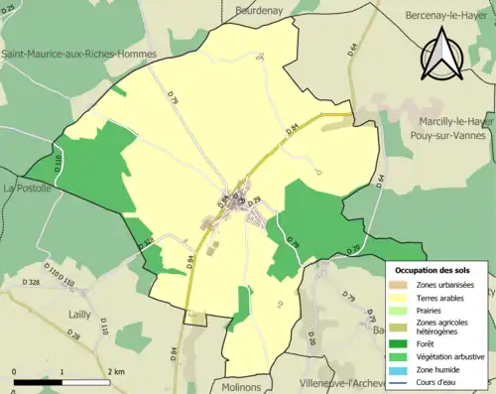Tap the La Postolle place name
[26, 187]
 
